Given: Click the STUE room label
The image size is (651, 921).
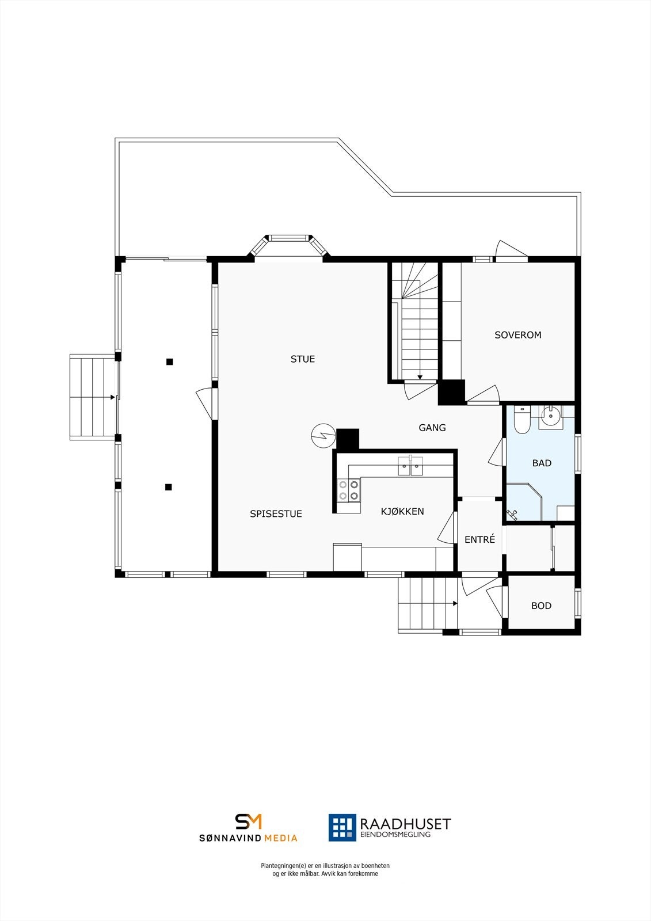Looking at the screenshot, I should (x=303, y=359).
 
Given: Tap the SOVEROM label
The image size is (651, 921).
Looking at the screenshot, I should (x=518, y=335).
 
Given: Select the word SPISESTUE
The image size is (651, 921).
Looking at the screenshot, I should (x=276, y=514).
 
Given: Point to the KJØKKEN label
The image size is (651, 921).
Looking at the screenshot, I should (x=402, y=511).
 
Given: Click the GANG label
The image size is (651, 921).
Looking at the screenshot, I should (x=432, y=428).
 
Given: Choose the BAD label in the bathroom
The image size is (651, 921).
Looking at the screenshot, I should (x=542, y=463).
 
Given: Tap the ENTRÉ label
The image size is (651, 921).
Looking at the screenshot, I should (x=479, y=540).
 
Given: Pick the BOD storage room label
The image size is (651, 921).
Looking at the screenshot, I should (x=541, y=606).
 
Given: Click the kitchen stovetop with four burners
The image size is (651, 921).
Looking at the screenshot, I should (x=349, y=490).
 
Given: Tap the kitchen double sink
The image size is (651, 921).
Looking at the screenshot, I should (x=410, y=466).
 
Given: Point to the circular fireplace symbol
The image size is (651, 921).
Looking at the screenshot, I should (x=321, y=436).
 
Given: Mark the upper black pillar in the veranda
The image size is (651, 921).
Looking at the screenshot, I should (x=170, y=362).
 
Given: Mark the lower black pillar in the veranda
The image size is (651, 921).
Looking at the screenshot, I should (x=169, y=487).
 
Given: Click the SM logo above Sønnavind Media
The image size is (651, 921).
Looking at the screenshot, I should (x=249, y=821).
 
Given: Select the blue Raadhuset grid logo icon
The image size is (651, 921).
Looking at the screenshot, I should (x=342, y=827).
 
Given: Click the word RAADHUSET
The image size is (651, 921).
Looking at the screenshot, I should (x=405, y=824).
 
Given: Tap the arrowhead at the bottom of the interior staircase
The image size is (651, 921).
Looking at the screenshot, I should (x=420, y=378).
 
